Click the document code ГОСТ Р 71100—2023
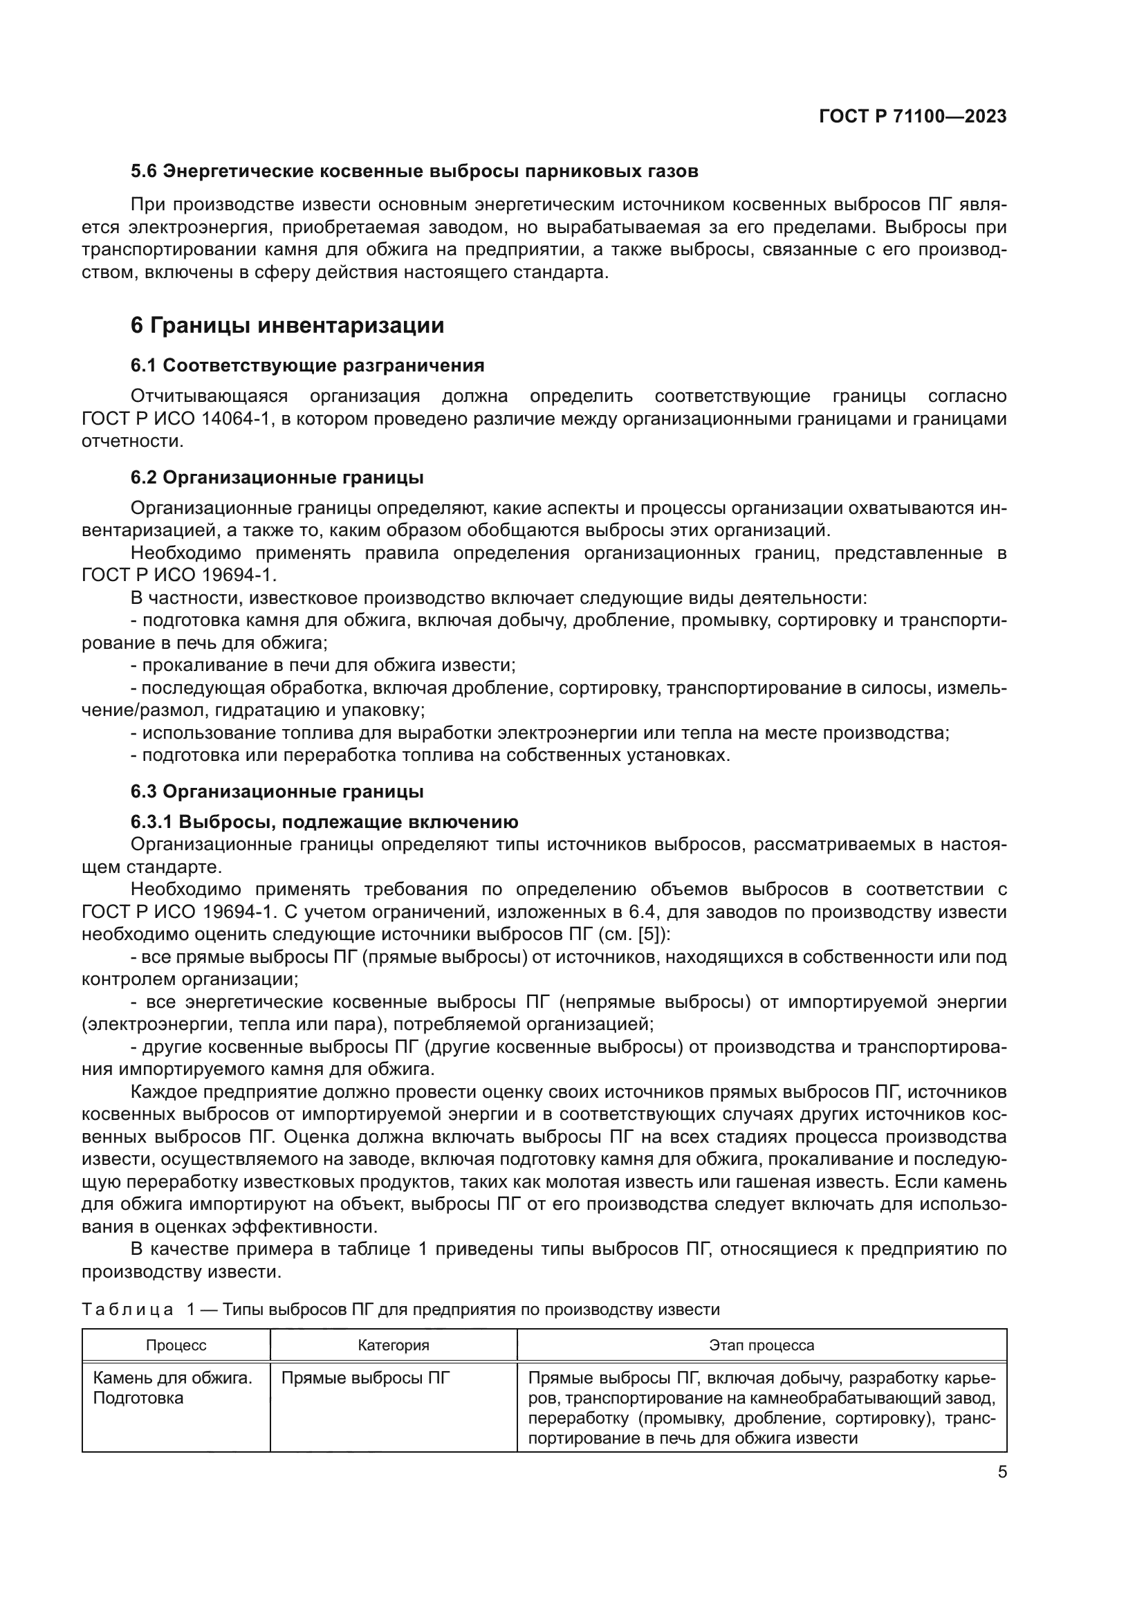tap(912, 116)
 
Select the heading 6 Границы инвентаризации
tap(288, 326)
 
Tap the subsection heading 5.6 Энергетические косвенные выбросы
tap(414, 172)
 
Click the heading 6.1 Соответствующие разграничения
tap(307, 365)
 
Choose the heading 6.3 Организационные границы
tap(277, 791)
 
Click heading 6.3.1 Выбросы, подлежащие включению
tap(324, 822)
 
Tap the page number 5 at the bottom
tap(1002, 1472)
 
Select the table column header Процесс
tap(176, 1345)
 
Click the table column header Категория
tap(393, 1345)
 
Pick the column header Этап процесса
tap(762, 1345)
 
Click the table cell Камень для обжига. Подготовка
tap(173, 1388)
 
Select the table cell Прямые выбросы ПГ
tap(365, 1378)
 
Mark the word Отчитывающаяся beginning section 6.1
tap(209, 396)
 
